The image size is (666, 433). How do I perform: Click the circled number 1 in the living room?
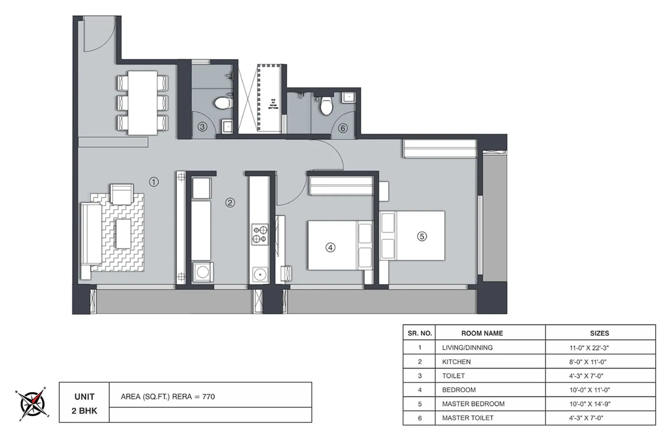(154, 182)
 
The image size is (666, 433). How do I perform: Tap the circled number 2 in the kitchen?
(230, 203)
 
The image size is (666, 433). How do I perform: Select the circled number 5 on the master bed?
(422, 236)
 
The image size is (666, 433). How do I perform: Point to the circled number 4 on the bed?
(330, 248)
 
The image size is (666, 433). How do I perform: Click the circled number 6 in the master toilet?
(343, 128)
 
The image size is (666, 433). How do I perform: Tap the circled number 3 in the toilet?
(202, 127)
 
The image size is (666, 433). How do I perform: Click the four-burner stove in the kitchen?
(260, 235)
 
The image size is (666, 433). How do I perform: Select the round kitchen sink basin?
(260, 275)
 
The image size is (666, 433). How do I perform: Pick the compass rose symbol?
(32, 404)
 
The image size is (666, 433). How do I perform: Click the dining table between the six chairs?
(143, 103)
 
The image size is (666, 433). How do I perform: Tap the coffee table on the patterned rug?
(123, 234)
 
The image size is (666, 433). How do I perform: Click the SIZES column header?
(599, 333)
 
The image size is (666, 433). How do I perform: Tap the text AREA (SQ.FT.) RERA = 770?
(168, 397)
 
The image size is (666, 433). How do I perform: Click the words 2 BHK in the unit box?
(84, 411)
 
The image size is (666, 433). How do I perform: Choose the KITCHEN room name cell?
(456, 362)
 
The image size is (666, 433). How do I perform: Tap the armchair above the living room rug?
(122, 194)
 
